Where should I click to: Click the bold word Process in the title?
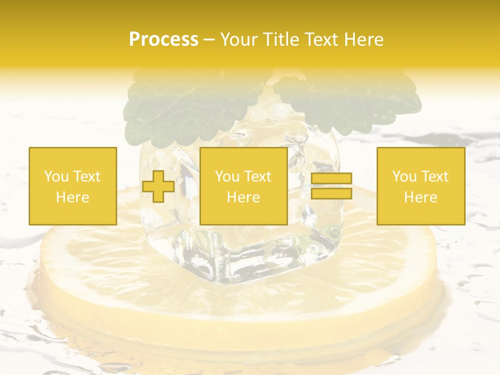164,40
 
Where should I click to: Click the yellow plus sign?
158,186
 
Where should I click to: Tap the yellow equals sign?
331,186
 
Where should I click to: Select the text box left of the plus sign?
73,186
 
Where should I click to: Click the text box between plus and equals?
243,186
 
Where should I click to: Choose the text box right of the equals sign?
421,186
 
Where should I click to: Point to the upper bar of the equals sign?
331,179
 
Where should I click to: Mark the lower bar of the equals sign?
331,193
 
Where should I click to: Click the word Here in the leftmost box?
73,197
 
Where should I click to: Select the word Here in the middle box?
243,197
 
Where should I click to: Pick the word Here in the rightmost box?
421,197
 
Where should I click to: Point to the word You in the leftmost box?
56,177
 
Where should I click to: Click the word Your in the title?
239,40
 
